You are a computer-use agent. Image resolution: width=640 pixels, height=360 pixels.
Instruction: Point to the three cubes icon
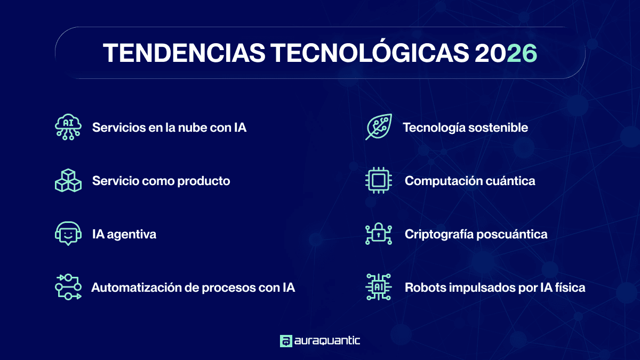point(68,181)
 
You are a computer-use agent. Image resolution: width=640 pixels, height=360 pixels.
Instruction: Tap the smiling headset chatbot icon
point(68,234)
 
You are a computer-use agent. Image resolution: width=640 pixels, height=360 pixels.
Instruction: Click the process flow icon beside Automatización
point(68,287)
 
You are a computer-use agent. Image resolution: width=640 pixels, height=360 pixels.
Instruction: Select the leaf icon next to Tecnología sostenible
point(379,127)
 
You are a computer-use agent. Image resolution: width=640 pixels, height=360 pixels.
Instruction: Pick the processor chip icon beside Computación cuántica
point(379,181)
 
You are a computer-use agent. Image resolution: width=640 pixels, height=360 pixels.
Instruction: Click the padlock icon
point(379,234)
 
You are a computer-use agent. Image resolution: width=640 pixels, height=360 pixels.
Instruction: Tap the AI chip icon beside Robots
point(379,287)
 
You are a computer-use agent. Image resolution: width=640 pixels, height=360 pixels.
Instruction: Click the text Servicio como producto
point(161,181)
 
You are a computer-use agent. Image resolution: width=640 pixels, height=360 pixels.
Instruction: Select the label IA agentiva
point(124,234)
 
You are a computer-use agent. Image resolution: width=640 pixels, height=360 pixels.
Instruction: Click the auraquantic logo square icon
point(286,341)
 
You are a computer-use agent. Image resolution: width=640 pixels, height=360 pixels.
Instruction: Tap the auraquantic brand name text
point(327,341)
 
